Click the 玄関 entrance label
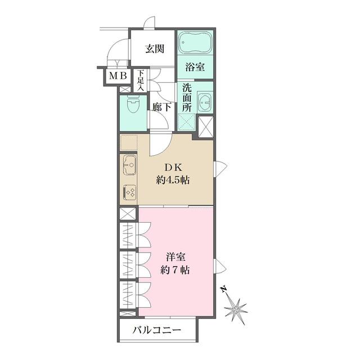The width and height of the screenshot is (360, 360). (155, 49)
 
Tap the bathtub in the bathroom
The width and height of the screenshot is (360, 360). (195, 43)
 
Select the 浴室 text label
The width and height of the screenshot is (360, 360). (195, 67)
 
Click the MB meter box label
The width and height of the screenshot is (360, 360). (118, 75)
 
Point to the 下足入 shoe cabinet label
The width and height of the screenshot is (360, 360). (140, 80)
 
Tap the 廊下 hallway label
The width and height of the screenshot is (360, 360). (161, 107)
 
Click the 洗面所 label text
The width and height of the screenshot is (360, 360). (187, 98)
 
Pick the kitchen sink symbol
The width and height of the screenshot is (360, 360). (129, 165)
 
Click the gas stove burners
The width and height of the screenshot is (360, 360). (129, 192)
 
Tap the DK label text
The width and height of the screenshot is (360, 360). (173, 168)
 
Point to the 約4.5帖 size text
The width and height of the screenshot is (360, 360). (173, 180)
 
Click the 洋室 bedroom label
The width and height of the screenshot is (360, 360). (176, 258)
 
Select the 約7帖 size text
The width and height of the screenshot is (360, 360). (175, 270)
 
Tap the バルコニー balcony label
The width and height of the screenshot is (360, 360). (157, 330)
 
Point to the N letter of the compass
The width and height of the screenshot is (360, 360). (223, 289)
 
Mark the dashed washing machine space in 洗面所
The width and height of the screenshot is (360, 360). (187, 123)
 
